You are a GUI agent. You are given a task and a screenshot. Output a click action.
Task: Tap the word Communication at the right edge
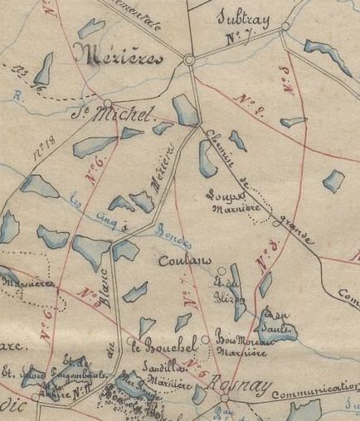tap(324, 387)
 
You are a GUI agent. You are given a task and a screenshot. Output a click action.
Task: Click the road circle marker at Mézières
tap(189, 60)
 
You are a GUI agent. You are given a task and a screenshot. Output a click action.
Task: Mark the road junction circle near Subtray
tap(285, 27)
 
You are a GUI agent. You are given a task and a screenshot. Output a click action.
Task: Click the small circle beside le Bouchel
tap(205, 338)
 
